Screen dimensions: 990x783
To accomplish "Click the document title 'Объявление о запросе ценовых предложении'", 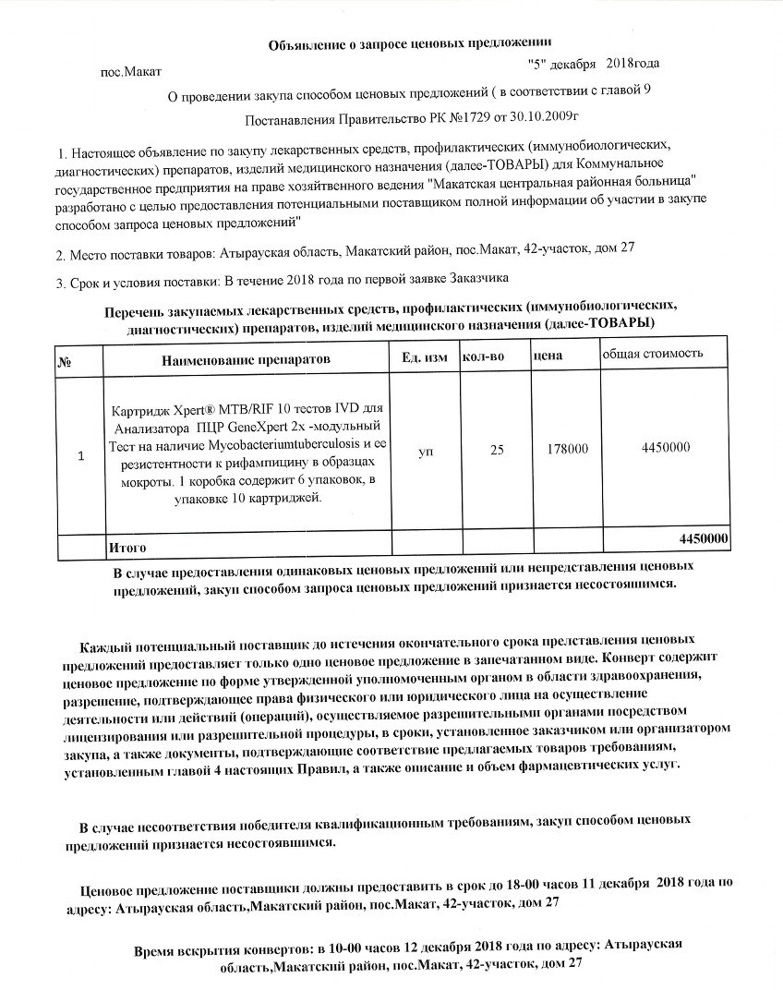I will point(410,42).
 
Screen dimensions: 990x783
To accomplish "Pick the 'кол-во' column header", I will point(483,356).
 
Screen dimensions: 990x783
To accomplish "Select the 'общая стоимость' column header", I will point(653,354).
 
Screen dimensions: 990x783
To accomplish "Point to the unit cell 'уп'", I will point(426,453).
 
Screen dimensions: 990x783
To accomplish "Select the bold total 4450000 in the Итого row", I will point(704,538).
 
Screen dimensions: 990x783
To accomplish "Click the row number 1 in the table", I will point(81,455).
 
